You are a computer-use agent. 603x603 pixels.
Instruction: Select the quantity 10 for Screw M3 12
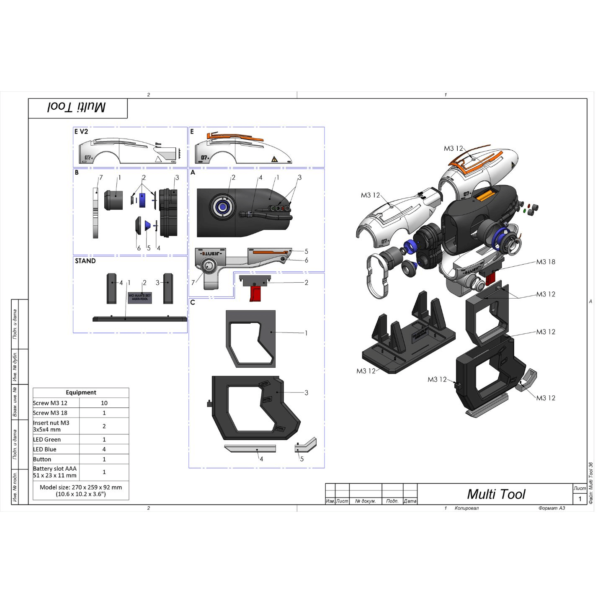[x=104, y=403]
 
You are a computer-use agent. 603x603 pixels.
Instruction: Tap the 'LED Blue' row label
[x=45, y=449]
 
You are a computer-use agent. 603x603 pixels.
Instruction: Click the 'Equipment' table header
[x=81, y=392]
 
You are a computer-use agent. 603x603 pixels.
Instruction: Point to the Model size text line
[x=81, y=487]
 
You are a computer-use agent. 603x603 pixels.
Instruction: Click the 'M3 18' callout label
[x=546, y=262]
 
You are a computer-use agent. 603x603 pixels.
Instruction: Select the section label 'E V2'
[x=81, y=131]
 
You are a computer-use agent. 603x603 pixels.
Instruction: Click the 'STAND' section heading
[x=85, y=261]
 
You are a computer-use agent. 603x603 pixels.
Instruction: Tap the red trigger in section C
[x=255, y=294]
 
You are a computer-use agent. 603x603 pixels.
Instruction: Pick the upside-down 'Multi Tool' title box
[x=77, y=108]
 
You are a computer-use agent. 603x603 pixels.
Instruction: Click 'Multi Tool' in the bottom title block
[x=496, y=494]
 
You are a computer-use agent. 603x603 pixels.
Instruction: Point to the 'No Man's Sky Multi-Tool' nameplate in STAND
[x=140, y=298]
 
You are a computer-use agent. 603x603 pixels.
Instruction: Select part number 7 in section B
[x=100, y=178]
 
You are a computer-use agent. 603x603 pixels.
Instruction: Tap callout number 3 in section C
[x=306, y=393]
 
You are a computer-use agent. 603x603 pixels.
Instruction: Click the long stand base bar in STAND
[x=140, y=319]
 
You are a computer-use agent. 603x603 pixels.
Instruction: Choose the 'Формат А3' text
[x=551, y=508]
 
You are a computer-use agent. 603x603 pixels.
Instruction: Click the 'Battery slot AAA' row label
[x=55, y=469]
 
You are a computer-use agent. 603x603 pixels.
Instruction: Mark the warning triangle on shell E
[x=274, y=159]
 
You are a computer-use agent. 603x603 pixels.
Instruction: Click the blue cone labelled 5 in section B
[x=148, y=225]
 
